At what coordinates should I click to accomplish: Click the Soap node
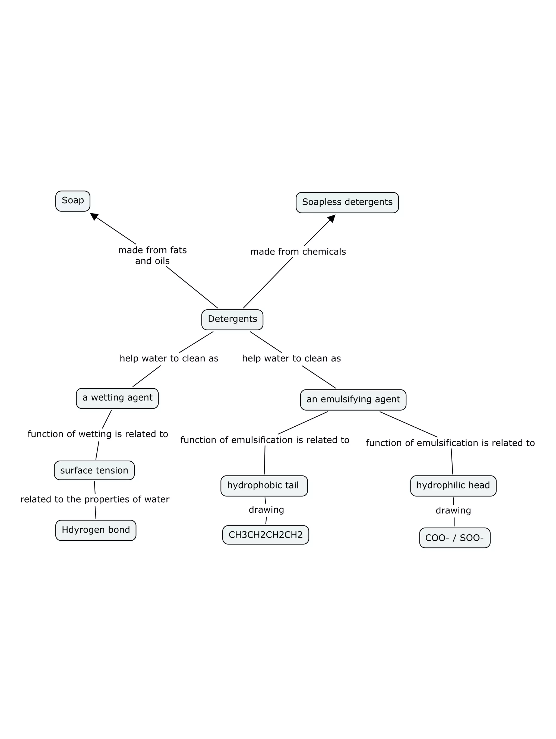click(x=72, y=201)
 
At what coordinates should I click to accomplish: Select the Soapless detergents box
click(x=347, y=202)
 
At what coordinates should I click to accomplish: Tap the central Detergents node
click(x=232, y=319)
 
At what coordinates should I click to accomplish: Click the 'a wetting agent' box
click(x=117, y=398)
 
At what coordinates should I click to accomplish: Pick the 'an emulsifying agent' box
click(x=353, y=399)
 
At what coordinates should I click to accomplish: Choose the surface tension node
click(x=94, y=470)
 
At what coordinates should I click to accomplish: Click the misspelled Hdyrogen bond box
click(x=96, y=530)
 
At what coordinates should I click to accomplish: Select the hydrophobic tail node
click(x=264, y=486)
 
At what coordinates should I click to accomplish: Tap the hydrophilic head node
click(x=453, y=486)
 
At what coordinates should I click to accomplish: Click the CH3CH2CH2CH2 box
click(x=266, y=535)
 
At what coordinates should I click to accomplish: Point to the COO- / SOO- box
click(x=454, y=538)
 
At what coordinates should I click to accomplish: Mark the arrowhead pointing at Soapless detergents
click(x=332, y=218)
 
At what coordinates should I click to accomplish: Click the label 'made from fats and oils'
click(x=152, y=255)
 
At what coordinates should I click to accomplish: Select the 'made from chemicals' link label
click(x=298, y=252)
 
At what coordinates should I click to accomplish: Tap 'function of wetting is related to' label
click(x=97, y=434)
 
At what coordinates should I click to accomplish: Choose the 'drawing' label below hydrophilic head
click(x=453, y=510)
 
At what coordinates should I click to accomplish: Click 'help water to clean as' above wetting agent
click(x=169, y=359)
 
